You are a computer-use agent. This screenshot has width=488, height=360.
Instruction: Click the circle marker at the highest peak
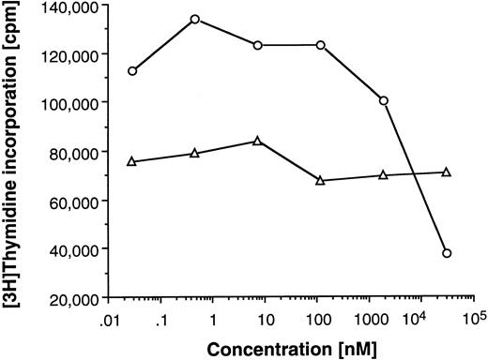pos(194,19)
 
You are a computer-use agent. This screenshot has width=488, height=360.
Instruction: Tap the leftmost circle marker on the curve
pos(132,71)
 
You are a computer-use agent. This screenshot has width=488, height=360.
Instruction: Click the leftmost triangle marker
pos(132,161)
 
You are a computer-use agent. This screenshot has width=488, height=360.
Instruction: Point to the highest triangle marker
pos(257,141)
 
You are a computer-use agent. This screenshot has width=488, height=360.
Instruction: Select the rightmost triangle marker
pos(447,172)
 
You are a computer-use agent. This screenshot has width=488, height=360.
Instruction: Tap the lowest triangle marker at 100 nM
pos(321,180)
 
